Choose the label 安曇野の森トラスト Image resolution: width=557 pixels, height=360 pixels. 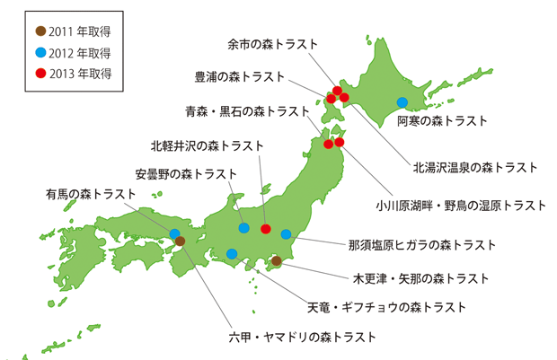pyautogui.click(x=187, y=172)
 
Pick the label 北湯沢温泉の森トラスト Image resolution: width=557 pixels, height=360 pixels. pyautogui.click(x=474, y=168)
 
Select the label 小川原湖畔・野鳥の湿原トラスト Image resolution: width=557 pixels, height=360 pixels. pyautogui.click(x=461, y=206)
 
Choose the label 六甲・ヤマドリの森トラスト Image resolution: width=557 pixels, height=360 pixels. pyautogui.click(x=302, y=338)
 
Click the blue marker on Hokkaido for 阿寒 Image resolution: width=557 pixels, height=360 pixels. pyautogui.click(x=402, y=101)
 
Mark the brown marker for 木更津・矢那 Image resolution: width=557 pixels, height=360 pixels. pyautogui.click(x=277, y=261)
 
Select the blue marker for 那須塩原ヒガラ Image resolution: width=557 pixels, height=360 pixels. pyautogui.click(x=286, y=234)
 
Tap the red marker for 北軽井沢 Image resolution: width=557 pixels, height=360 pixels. pyautogui.click(x=265, y=229)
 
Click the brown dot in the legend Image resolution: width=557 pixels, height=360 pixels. pyautogui.click(x=40, y=31)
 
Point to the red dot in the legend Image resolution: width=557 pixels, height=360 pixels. pyautogui.click(x=40, y=72)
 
